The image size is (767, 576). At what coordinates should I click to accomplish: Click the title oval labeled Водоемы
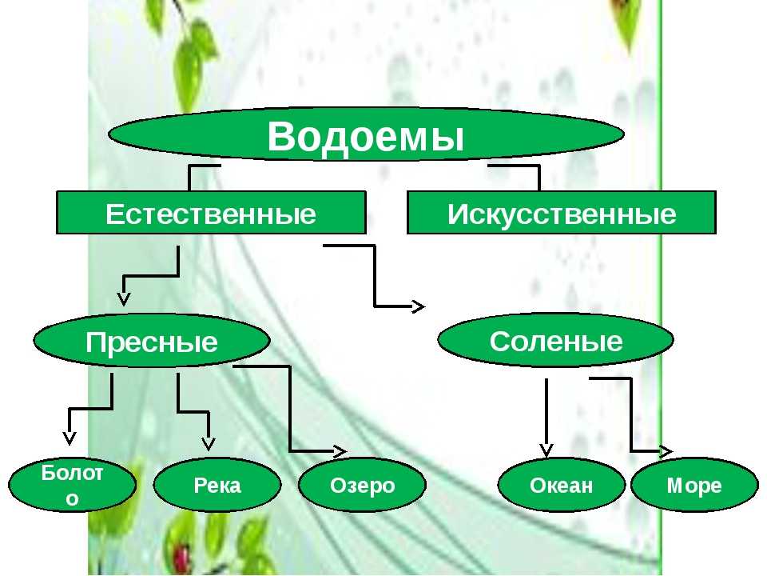click(x=366, y=134)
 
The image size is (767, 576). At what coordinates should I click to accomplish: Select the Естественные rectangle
click(x=211, y=213)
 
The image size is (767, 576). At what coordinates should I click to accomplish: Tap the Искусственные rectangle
click(x=562, y=213)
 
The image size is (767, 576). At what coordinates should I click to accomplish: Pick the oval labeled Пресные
click(x=152, y=341)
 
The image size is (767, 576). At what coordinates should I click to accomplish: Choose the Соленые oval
click(x=556, y=340)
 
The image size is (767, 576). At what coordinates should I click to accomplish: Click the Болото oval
click(x=72, y=485)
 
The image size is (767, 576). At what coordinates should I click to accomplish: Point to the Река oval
click(x=217, y=485)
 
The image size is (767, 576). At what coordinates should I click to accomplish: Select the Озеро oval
click(x=362, y=485)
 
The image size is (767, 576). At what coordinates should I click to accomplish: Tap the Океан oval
click(x=561, y=485)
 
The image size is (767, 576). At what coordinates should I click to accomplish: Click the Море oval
click(x=694, y=485)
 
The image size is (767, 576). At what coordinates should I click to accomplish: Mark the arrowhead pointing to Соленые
click(x=419, y=306)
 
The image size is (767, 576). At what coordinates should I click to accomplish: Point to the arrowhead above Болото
click(x=70, y=438)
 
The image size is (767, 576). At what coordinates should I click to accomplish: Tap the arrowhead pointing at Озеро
click(x=340, y=451)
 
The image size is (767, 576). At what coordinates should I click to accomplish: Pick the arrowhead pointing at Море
click(x=666, y=451)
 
